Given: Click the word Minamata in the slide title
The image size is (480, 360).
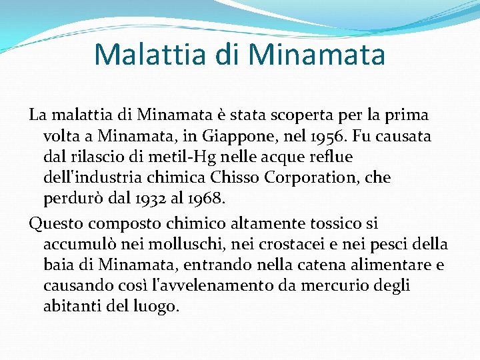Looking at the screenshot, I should [317, 55].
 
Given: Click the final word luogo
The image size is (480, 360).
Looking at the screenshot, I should [157, 307].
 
